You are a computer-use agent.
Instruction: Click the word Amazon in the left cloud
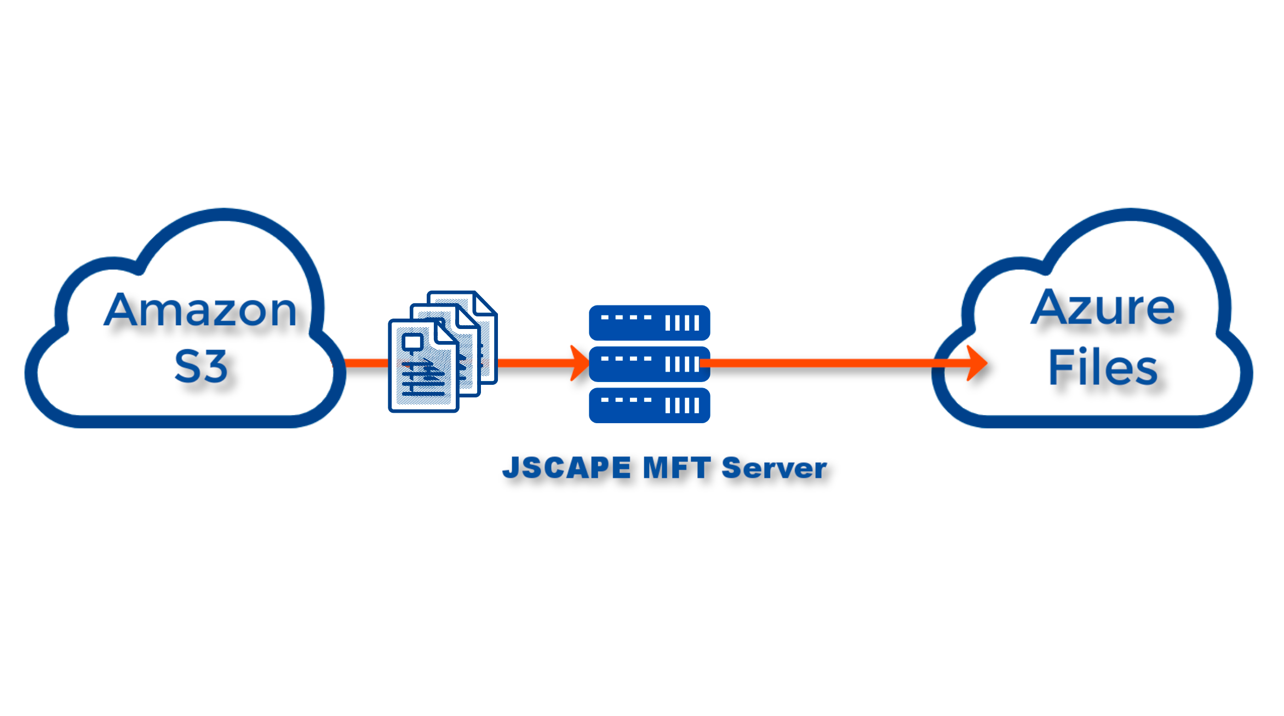(200, 310)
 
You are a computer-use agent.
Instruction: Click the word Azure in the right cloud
(1102, 308)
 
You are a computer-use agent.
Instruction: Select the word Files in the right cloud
(1102, 368)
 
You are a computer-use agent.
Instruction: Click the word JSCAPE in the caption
(567, 468)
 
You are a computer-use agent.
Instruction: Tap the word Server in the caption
(774, 469)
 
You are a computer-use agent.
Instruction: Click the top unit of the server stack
(649, 322)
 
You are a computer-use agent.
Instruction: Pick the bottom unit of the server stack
(649, 406)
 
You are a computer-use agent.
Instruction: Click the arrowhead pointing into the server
(579, 363)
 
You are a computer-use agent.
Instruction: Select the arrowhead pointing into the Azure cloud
(977, 363)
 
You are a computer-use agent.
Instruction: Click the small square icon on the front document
(412, 343)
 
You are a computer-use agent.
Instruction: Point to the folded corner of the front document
(447, 331)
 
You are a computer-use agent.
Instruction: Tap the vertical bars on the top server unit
(682, 323)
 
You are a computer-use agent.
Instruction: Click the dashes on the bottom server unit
(626, 400)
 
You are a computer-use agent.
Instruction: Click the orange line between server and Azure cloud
(822, 363)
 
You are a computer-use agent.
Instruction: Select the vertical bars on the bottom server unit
(682, 406)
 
